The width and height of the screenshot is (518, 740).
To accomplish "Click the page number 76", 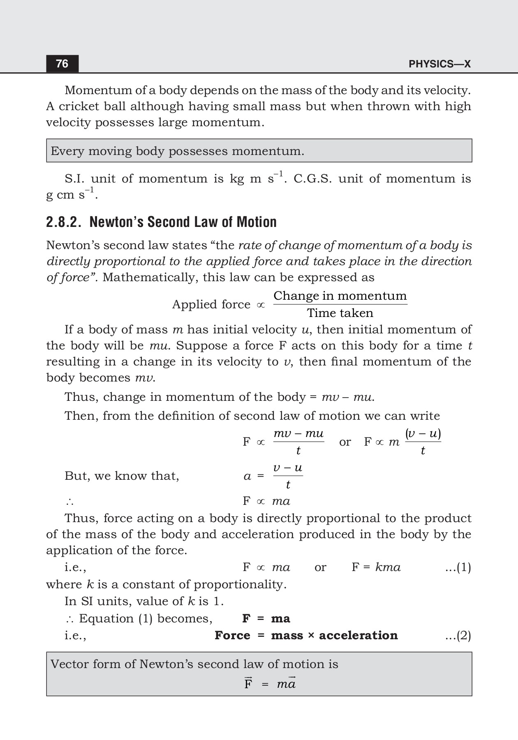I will pos(62,64).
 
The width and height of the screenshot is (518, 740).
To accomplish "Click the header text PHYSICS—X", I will pos(439,64).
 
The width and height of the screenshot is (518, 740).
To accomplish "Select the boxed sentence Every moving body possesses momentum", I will pos(177,151).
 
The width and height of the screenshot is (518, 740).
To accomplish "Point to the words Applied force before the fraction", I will pos(211,305).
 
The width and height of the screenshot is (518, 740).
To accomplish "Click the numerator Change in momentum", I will pos(340,296).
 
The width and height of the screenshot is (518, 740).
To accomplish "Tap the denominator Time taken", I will pos(340,313).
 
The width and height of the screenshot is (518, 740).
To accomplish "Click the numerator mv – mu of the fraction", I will pos(298,434).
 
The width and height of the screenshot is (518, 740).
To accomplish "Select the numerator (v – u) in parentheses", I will pos(423,434).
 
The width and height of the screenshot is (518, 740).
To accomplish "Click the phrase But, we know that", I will pos(122,476).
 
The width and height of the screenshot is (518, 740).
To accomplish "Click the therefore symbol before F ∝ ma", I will pos(69,502).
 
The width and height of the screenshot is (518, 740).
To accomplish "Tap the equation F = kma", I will pos(376,567).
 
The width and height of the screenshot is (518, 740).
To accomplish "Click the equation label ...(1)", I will pos(458,567).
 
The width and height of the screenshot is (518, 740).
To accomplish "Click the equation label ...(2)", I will pos(458,636).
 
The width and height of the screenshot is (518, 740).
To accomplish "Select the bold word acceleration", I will pos(358,636).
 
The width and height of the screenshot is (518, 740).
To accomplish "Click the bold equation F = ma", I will pos(266,619).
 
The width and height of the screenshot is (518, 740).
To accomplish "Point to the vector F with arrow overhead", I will pos(248,683).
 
